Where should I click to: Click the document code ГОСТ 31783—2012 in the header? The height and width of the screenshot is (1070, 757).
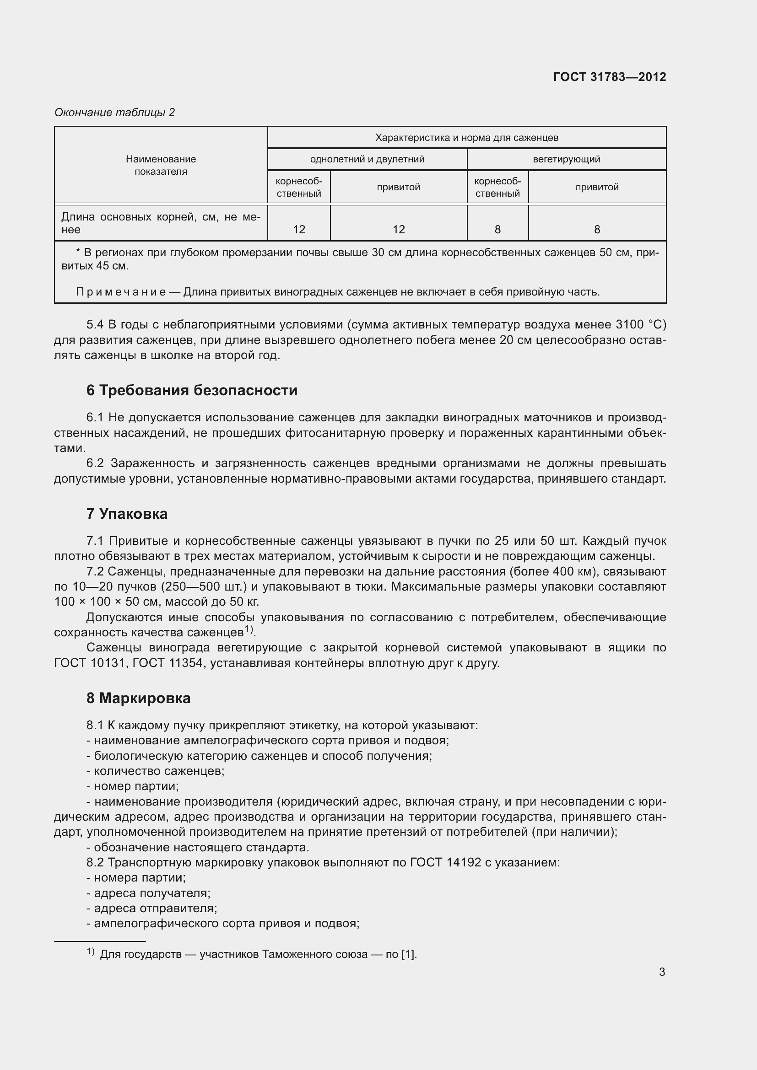pos(609,77)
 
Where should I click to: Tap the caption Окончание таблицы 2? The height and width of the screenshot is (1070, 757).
pos(114,113)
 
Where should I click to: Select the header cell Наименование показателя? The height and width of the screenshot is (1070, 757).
pos(161,165)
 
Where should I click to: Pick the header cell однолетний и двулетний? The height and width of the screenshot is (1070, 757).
pos(367,159)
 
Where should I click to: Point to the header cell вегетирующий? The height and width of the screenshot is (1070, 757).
pos(566,159)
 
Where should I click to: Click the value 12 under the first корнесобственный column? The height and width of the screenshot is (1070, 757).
pos(299,229)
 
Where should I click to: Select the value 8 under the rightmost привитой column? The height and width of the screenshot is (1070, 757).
pos(597,229)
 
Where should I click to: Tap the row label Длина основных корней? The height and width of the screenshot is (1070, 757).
pos(140,217)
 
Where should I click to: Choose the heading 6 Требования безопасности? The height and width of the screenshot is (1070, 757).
pos(192,390)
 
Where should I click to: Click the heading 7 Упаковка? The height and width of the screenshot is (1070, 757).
pos(127,514)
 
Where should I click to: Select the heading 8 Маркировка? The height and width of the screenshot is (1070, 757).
pos(138,698)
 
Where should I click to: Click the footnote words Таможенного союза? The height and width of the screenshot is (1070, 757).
pos(314,954)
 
